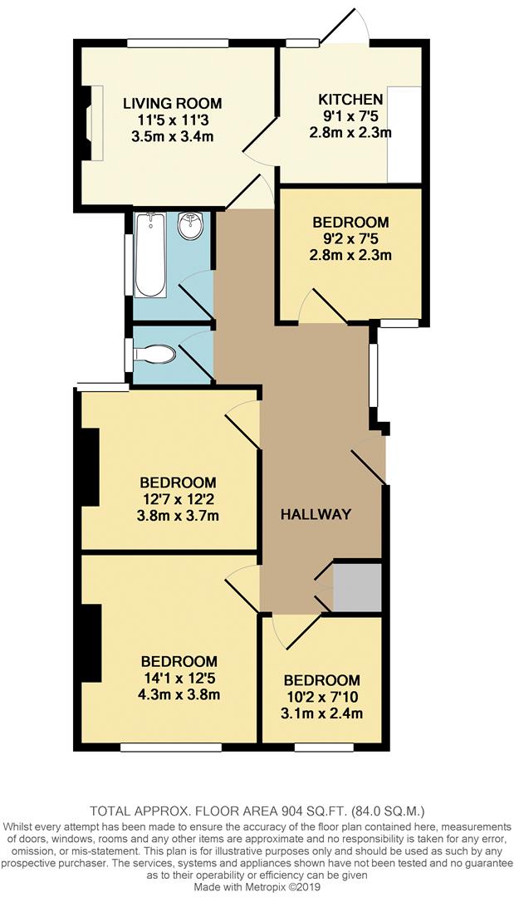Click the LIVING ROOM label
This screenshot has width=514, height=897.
(x=173, y=104)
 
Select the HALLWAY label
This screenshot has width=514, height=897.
(x=316, y=514)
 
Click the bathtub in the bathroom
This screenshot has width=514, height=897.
(x=150, y=254)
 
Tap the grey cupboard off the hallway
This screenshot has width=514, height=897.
(x=357, y=586)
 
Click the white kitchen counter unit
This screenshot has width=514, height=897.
(x=404, y=133)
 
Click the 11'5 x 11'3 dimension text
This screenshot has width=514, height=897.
(x=173, y=120)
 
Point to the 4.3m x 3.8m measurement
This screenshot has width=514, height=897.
(x=179, y=694)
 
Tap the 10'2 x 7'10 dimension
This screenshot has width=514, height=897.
(x=321, y=697)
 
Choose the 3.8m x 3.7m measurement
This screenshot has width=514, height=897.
(x=178, y=515)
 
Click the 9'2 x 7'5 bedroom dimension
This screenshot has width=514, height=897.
(x=350, y=238)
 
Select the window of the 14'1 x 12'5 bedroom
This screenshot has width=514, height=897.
(x=171, y=747)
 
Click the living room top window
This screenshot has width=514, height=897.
(x=179, y=43)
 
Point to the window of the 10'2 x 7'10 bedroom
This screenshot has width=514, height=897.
(x=324, y=747)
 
